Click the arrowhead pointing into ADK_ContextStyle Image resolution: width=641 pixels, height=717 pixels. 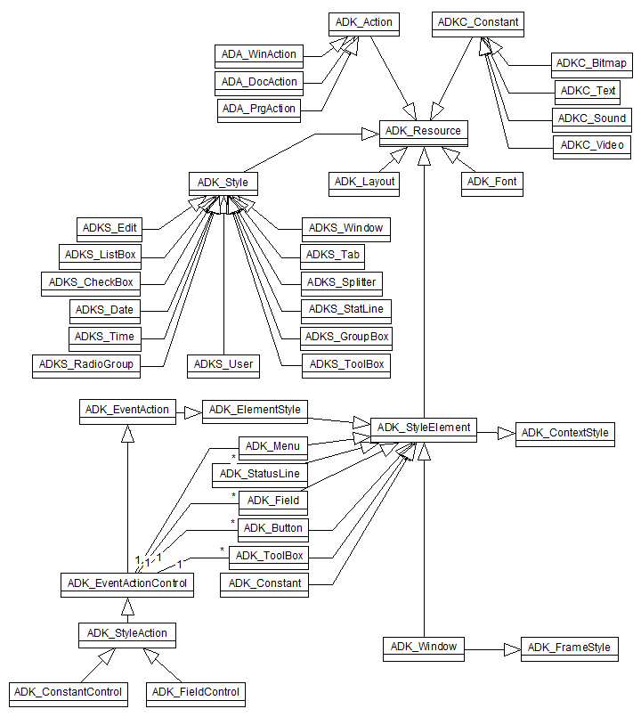pos(507,433)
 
